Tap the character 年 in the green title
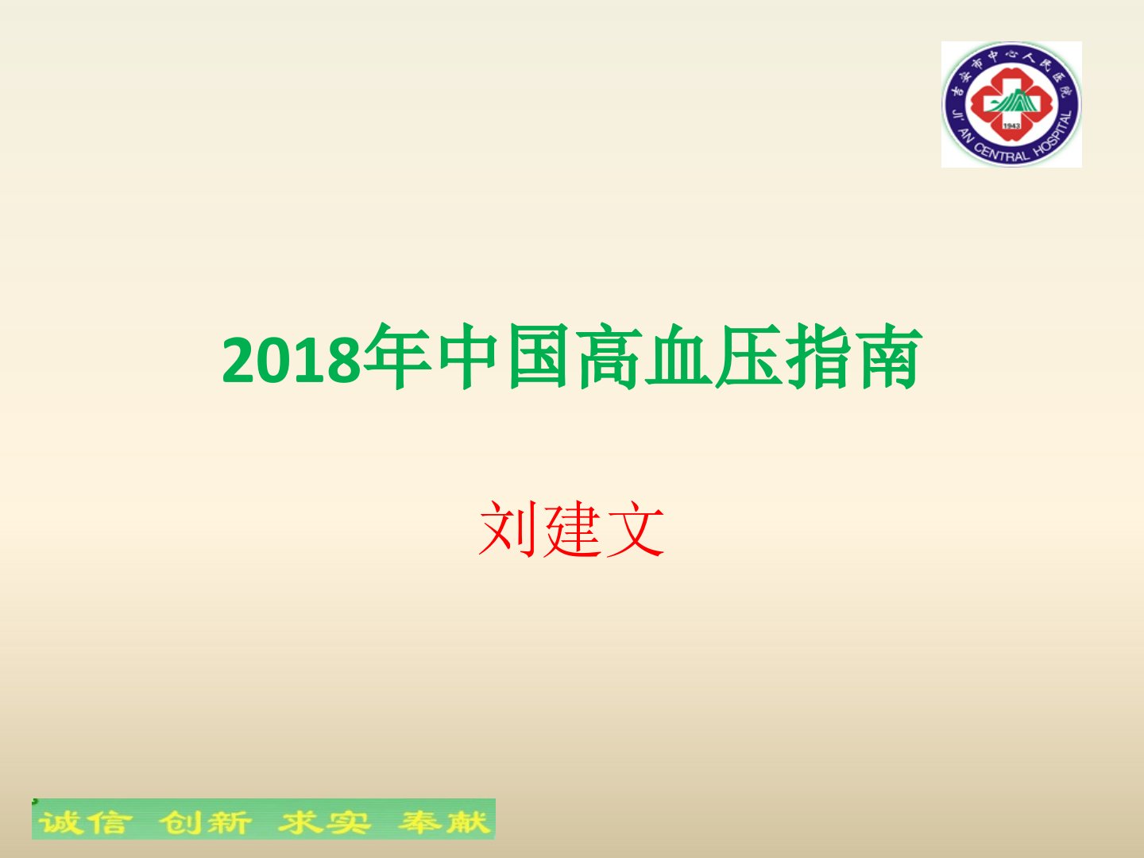pyautogui.click(x=397, y=357)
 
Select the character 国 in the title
pyautogui.click(x=538, y=357)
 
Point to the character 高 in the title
pyautogui.click(x=609, y=357)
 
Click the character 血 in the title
pyautogui.click(x=678, y=357)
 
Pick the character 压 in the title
pyautogui.click(x=748, y=357)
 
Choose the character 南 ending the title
pyautogui.click(x=889, y=357)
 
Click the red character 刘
pyautogui.click(x=508, y=529)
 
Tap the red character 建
pyautogui.click(x=572, y=529)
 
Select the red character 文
pyautogui.click(x=635, y=529)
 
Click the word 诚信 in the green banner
pyautogui.click(x=85, y=822)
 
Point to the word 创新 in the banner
pyautogui.click(x=205, y=822)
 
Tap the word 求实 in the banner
pyautogui.click(x=324, y=822)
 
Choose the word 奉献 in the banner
pyautogui.click(x=445, y=822)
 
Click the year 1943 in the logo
pyautogui.click(x=1011, y=126)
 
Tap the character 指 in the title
pyautogui.click(x=819, y=357)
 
